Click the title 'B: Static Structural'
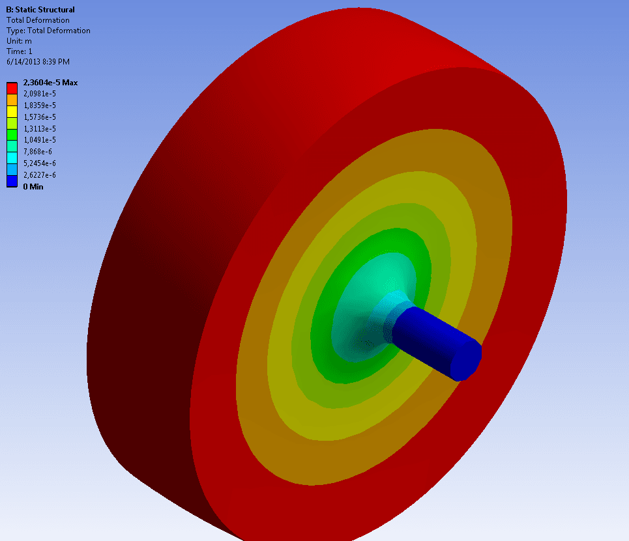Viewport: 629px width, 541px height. click(x=40, y=10)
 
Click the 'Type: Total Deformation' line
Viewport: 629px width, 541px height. click(x=48, y=31)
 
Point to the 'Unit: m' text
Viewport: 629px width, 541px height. click(x=19, y=41)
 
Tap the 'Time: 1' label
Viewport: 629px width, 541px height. click(x=20, y=51)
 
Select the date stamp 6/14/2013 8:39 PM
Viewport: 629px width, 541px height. click(x=38, y=62)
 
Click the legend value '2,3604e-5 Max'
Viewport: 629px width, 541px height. click(x=51, y=83)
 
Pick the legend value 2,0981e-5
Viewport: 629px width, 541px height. click(x=40, y=94)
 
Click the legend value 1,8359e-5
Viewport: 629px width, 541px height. click(x=40, y=105)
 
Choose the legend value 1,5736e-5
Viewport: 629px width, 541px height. click(x=40, y=117)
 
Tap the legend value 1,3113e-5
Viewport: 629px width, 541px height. click(x=40, y=129)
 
